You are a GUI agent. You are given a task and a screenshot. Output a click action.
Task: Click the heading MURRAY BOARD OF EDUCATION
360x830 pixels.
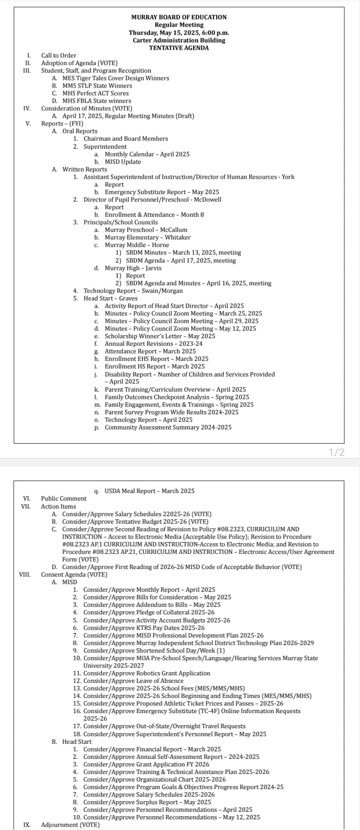point(179,17)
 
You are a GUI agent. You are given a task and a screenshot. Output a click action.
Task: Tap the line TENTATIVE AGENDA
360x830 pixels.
point(179,48)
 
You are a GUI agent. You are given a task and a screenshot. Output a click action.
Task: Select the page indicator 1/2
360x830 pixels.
point(336,453)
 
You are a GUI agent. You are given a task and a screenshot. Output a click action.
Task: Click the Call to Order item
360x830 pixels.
point(59,56)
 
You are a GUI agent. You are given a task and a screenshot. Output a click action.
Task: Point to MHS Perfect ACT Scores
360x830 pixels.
point(95,93)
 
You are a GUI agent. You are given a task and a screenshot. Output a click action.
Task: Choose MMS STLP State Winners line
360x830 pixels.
point(97,86)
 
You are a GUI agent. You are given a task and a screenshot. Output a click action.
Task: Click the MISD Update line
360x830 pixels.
point(123,162)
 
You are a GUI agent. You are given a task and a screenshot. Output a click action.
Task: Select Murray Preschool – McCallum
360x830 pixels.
point(146,230)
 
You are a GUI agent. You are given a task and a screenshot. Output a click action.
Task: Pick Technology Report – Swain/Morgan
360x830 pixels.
point(133,291)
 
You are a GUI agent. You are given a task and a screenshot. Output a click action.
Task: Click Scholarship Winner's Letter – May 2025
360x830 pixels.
point(160,336)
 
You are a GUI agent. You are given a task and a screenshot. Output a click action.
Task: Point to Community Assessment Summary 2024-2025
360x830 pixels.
point(168,427)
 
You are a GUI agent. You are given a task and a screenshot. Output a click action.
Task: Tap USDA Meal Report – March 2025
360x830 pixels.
point(149,491)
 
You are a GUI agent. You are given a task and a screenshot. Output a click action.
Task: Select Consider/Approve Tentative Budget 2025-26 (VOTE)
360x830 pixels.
point(135,521)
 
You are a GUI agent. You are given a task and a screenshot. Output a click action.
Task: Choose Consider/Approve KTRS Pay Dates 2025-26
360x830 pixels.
point(144,628)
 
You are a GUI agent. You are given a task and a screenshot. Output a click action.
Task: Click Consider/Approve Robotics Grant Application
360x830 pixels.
point(147,673)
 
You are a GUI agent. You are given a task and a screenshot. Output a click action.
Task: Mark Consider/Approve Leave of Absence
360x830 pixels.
point(133,681)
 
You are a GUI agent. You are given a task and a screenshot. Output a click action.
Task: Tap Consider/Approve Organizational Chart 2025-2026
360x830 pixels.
point(154,779)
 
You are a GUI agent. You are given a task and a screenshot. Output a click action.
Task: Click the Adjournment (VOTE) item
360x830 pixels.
point(70,825)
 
